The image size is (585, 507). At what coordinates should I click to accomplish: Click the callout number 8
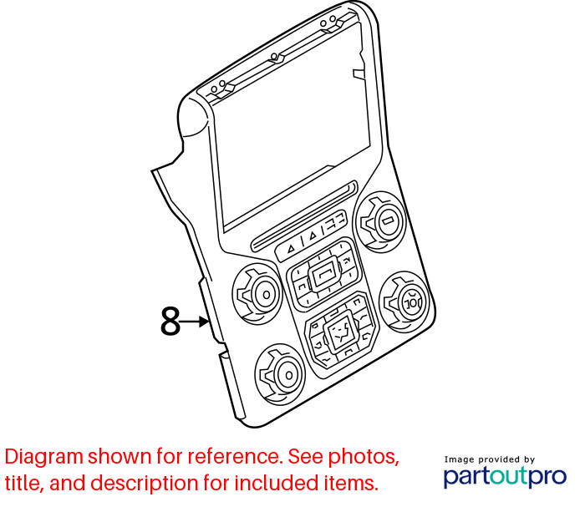tap(170, 321)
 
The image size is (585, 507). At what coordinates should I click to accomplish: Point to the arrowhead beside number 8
tap(204, 322)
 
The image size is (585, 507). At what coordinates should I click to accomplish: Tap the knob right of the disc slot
tap(380, 222)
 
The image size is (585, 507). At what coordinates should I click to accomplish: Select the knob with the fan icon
tap(405, 302)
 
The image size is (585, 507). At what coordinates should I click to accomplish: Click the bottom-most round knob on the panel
tap(280, 374)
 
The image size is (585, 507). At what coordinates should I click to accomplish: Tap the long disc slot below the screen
tap(305, 216)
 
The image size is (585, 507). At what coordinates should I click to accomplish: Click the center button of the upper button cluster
tap(324, 274)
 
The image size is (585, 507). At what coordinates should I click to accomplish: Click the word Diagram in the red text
tap(44, 457)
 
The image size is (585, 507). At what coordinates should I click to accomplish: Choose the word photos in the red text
tap(363, 458)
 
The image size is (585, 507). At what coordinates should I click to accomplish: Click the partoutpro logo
tap(505, 477)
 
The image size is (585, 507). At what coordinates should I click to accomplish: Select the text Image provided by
tap(490, 459)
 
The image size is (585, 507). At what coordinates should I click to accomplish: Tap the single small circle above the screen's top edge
tap(274, 56)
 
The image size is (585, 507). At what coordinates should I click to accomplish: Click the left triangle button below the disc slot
tap(291, 249)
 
